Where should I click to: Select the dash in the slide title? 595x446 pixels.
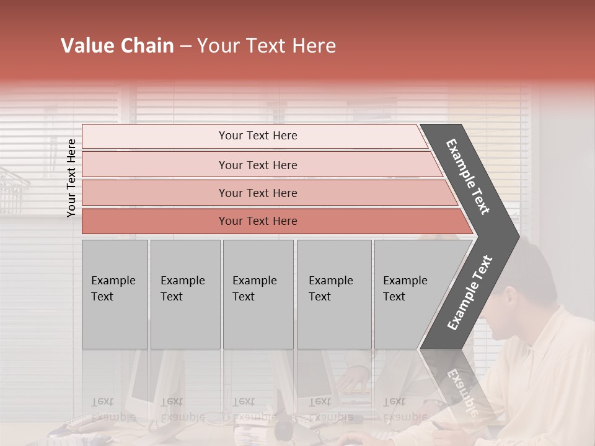pyautogui.click(x=185, y=46)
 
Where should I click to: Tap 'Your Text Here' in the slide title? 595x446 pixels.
pyautogui.click(x=267, y=46)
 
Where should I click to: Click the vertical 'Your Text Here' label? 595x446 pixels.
pyautogui.click(x=71, y=178)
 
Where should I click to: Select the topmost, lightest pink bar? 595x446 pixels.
pyautogui.click(x=258, y=136)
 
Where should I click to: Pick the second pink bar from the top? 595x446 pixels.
pyautogui.click(x=258, y=165)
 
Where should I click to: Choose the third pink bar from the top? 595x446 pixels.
pyautogui.click(x=258, y=193)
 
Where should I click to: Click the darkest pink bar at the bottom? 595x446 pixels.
pyautogui.click(x=258, y=221)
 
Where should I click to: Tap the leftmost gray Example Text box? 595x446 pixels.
pyautogui.click(x=115, y=294)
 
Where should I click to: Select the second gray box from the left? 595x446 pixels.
pyautogui.click(x=185, y=294)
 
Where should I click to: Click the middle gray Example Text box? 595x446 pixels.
pyautogui.click(x=258, y=294)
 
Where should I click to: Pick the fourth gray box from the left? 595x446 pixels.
pyautogui.click(x=333, y=294)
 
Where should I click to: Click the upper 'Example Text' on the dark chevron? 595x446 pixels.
pyautogui.click(x=468, y=177)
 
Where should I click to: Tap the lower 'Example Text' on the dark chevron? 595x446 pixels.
pyautogui.click(x=469, y=292)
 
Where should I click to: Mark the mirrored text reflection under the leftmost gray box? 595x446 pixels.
pyautogui.click(x=113, y=409)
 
